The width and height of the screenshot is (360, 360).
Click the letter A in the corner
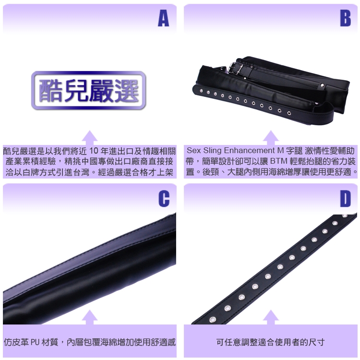[164, 18]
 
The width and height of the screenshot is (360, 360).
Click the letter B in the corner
[345, 18]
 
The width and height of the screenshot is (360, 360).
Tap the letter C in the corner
[164, 199]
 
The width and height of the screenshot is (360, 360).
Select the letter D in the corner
[345, 199]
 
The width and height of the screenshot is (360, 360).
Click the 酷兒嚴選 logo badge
[89, 90]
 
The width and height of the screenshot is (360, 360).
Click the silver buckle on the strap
[235, 68]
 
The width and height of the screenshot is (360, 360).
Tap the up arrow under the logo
[90, 138]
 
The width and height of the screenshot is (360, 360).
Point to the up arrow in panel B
[271, 138]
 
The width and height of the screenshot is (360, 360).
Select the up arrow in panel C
[90, 317]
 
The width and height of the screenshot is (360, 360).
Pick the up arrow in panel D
[271, 317]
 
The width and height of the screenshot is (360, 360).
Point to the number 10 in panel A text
[94, 151]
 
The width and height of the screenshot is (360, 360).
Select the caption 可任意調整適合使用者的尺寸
[270, 342]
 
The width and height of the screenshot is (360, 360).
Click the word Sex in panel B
[193, 151]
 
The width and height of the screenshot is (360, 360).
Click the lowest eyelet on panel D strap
[213, 319]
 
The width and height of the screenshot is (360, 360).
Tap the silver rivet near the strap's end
[323, 85]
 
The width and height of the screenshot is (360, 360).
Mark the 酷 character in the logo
[50, 90]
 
